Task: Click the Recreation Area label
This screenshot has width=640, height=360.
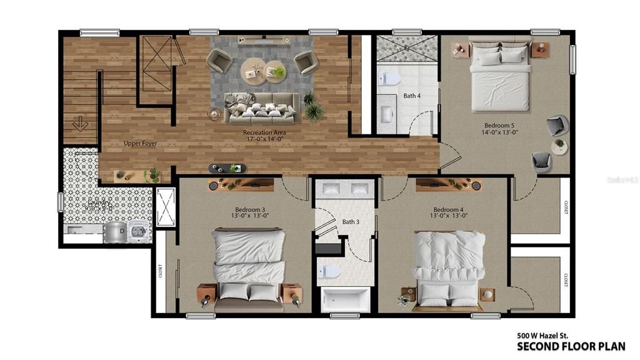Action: tap(264, 132)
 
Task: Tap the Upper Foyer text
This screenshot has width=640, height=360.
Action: tap(140, 143)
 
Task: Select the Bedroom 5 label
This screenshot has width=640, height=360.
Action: tap(498, 125)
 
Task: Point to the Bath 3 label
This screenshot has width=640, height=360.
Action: tap(350, 222)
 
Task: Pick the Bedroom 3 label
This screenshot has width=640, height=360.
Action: tap(250, 209)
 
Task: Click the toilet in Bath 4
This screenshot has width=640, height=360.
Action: tap(389, 79)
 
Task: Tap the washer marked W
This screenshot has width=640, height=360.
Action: tap(141, 231)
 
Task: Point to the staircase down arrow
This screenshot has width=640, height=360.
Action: tap(79, 124)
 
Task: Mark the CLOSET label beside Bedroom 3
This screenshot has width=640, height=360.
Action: tap(161, 270)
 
